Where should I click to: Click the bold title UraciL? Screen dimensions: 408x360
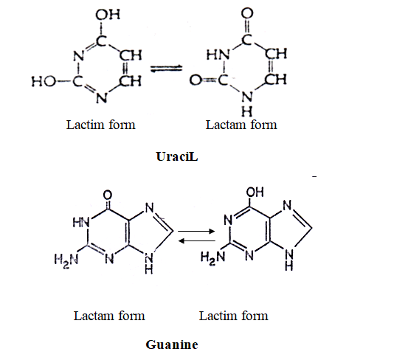[x=177, y=156]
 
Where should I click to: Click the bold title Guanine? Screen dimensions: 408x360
[x=172, y=345]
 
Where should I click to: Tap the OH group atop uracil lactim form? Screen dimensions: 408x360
[x=108, y=15]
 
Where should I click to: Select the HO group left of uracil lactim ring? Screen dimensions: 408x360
[x=44, y=81]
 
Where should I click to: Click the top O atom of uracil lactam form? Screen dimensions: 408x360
[x=247, y=13]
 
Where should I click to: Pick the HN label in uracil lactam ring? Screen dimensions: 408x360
[x=218, y=55]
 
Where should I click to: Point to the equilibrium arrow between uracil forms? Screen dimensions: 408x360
[x=166, y=69]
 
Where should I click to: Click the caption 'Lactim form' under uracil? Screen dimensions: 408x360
[x=100, y=125]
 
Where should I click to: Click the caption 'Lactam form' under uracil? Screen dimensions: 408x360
[x=241, y=125]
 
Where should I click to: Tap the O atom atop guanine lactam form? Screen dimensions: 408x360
[x=108, y=195]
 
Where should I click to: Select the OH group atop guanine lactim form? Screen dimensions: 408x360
[x=255, y=192]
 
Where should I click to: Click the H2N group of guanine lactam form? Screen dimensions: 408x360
[x=66, y=260]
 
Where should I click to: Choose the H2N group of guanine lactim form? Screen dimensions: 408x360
[x=212, y=257]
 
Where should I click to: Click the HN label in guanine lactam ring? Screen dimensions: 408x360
[x=81, y=223]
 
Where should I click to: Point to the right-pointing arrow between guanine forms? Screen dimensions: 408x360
[x=196, y=231]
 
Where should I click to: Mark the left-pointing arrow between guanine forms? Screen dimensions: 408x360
[x=197, y=241]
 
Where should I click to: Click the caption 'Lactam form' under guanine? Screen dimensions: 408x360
[x=109, y=316]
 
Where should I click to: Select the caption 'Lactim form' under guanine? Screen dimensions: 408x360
[x=233, y=316]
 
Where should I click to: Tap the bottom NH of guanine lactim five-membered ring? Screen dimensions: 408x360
[x=288, y=260]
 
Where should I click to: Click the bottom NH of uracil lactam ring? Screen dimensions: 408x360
[x=246, y=104]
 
